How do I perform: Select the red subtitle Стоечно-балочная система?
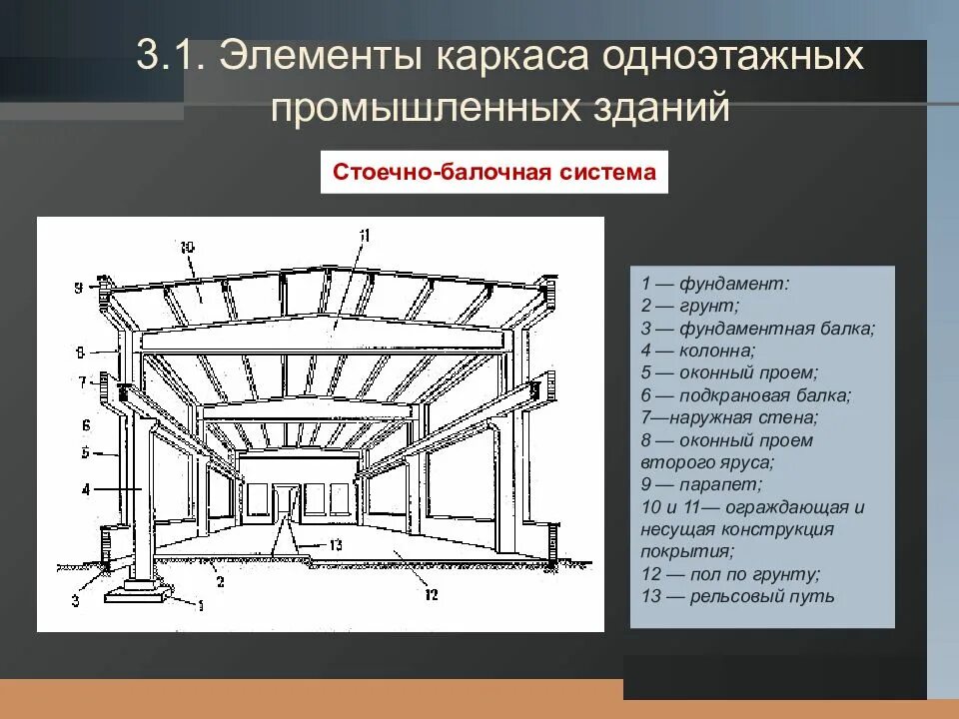[494, 173]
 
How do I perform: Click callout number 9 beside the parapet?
[77, 289]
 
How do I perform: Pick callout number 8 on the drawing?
[77, 352]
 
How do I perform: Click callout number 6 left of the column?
[87, 423]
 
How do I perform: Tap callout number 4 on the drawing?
[87, 489]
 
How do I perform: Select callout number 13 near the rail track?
[335, 544]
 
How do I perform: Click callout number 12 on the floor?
[432, 596]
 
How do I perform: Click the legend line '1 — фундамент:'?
[715, 284]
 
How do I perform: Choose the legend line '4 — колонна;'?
[698, 351]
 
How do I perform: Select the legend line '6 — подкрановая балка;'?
[746, 395]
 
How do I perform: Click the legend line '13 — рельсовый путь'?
[737, 597]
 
